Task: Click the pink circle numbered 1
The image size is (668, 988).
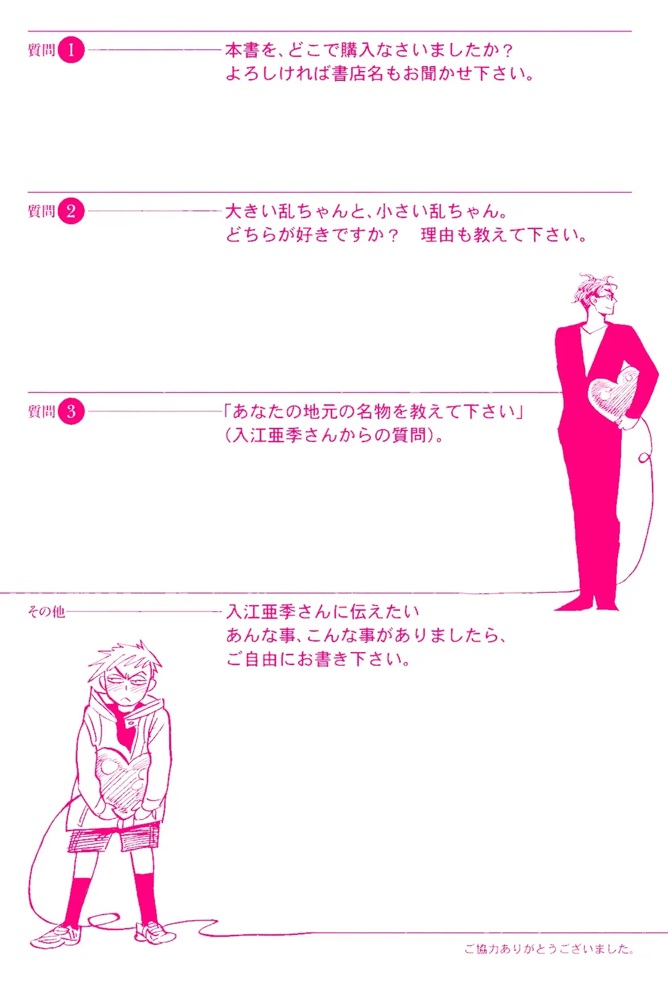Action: [x=71, y=50]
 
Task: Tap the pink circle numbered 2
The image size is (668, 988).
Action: [x=71, y=211]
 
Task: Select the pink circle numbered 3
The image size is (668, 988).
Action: [x=71, y=411]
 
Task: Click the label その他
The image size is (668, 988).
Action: [x=46, y=611]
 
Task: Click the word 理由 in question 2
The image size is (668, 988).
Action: [x=437, y=235]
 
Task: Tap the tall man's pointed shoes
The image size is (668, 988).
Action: [x=587, y=603]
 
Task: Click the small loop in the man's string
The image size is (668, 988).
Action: [x=644, y=458]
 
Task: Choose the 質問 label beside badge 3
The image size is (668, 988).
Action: [x=41, y=411]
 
